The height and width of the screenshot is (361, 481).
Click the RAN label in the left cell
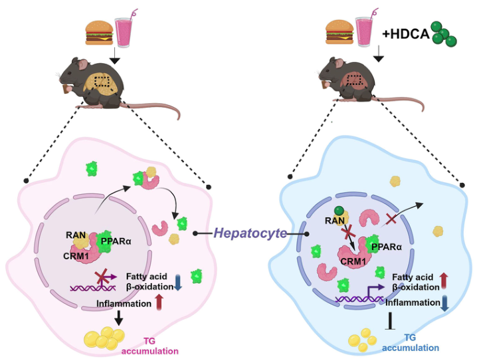tap(74, 233)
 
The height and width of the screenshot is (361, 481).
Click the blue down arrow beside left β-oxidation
tap(177, 282)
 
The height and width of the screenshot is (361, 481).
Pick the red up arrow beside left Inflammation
tap(158, 302)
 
